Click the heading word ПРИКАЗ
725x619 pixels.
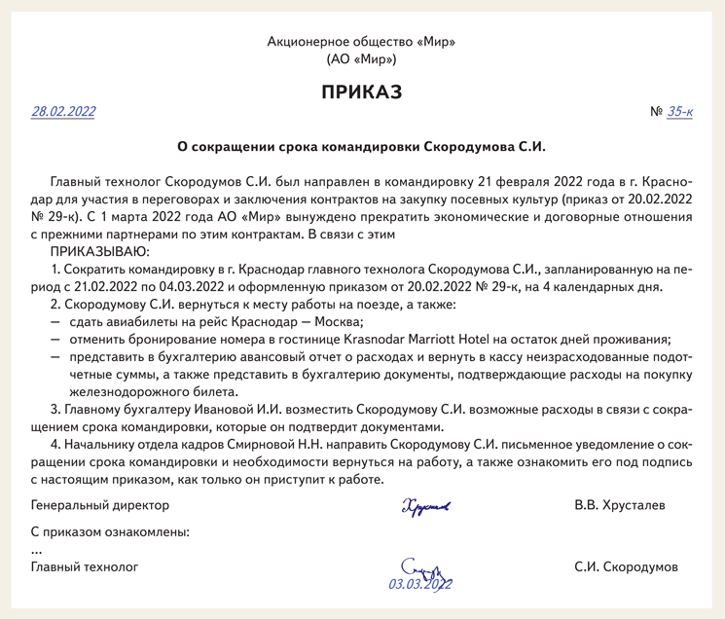point(361,92)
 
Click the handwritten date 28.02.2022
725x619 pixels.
point(63,112)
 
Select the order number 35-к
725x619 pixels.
point(679,112)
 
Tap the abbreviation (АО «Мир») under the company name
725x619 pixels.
point(361,59)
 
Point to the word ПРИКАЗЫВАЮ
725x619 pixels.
point(101,251)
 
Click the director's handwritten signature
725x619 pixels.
point(424,506)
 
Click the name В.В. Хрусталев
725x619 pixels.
point(620,506)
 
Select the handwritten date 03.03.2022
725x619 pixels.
point(420,584)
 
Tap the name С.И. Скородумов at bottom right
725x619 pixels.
point(626,566)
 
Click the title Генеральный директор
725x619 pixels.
point(100,506)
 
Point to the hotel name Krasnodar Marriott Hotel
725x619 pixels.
point(424,340)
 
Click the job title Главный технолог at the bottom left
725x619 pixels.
point(85,566)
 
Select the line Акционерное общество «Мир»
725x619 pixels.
point(361,42)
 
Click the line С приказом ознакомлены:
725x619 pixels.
point(110,532)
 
